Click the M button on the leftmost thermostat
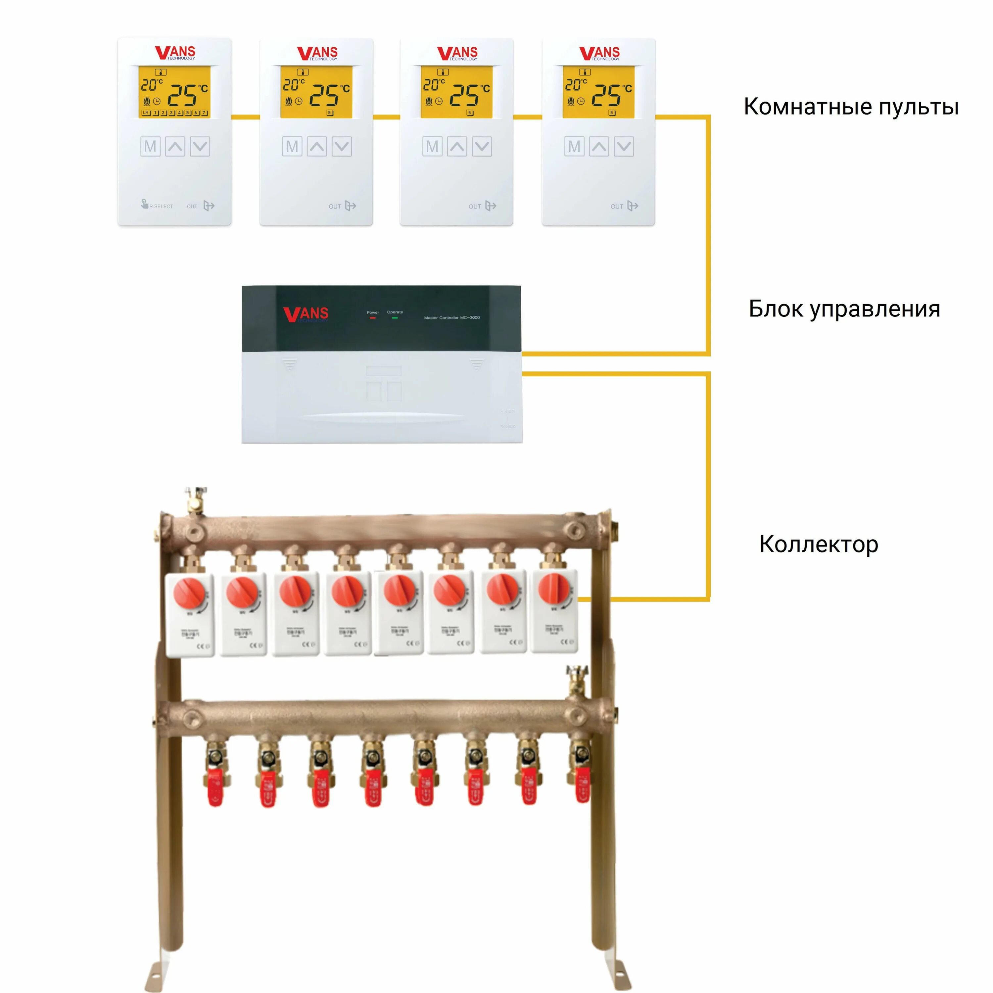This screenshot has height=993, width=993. click(x=150, y=147)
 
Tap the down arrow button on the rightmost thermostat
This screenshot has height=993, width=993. click(x=624, y=147)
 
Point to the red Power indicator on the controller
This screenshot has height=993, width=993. click(x=373, y=318)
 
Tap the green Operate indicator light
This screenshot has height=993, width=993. click(x=395, y=318)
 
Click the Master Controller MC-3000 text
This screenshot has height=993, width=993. click(x=452, y=318)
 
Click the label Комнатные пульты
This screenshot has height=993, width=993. click(x=851, y=107)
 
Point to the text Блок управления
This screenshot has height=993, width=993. click(x=844, y=309)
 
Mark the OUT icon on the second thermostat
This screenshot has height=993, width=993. click(x=350, y=206)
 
